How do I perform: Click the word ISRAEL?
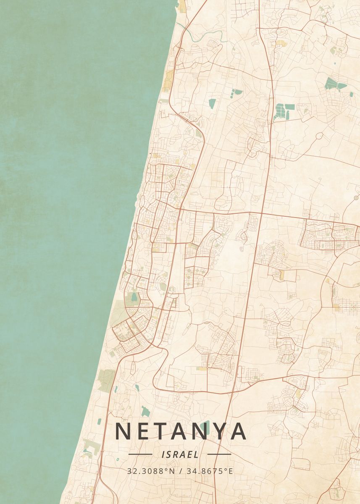[x=180, y=454]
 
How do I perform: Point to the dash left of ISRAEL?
[x=140, y=454]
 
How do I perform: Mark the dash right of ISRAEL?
[x=219, y=454]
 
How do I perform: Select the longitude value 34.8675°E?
[x=210, y=471]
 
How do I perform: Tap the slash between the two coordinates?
[x=180, y=471]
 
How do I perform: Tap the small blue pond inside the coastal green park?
[x=134, y=297]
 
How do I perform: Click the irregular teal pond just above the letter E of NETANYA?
[x=146, y=412]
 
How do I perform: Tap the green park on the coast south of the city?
[x=107, y=375]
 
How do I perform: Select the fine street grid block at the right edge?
[x=347, y=303]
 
